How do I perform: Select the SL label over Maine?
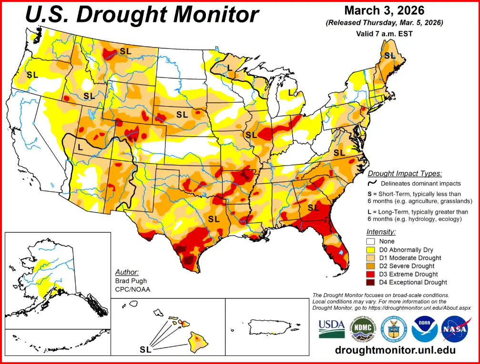tap(390, 56)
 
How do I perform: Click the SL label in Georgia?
tap(313, 207)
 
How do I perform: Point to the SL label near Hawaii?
tap(145, 350)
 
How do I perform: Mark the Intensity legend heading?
tap(381, 232)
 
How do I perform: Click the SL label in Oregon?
tap(32, 75)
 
